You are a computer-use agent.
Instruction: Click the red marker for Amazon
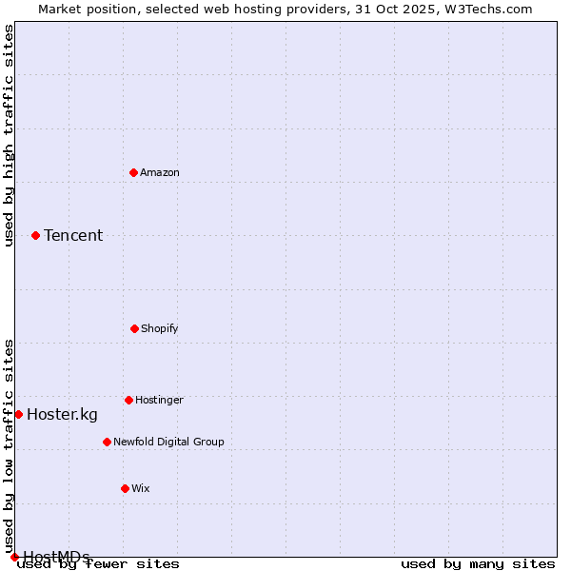pos(133,172)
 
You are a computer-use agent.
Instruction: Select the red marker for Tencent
pos(35,235)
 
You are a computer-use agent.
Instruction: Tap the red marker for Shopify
pos(134,328)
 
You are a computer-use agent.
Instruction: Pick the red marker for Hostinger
pos(128,400)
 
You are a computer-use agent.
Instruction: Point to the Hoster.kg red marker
pos(18,414)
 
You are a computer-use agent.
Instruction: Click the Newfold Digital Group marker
pos(107,442)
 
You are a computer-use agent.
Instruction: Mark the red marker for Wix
pos(125,488)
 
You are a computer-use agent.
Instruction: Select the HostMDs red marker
pos(14,557)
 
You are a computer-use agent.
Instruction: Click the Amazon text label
pos(160,172)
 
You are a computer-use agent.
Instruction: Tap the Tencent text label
pos(73,235)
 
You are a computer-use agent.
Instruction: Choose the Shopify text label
pos(160,328)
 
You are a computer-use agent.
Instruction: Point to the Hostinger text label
pos(159,400)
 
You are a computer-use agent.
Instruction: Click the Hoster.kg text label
pos(62,414)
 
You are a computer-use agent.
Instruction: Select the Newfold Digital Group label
pos(168,442)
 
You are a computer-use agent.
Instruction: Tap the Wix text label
pos(141,488)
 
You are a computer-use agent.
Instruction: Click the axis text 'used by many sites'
pos(478,563)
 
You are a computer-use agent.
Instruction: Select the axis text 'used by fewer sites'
pos(99,563)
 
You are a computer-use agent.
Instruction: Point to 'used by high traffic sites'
pos(9,135)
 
